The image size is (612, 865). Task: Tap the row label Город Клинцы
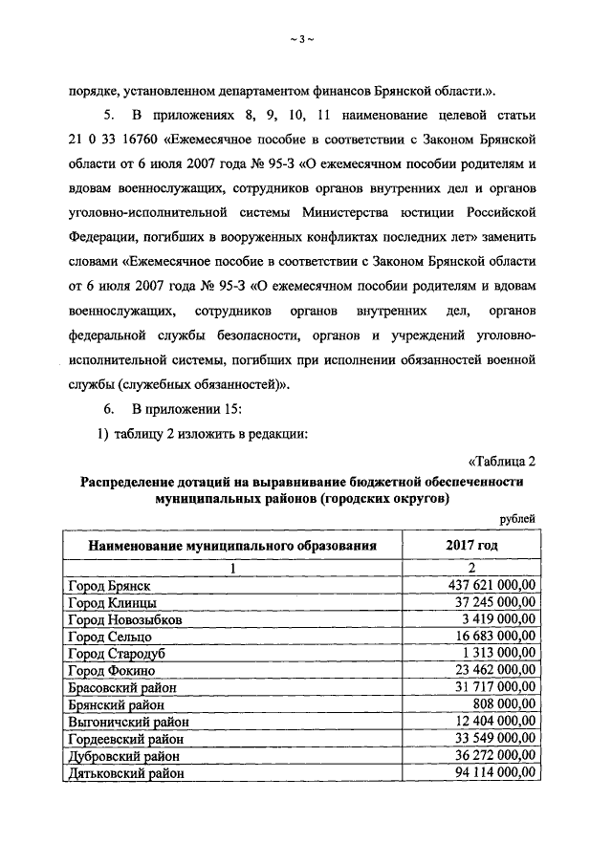[112, 603]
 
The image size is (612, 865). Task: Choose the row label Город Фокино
[112, 670]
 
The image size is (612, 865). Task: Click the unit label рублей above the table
[517, 518]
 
